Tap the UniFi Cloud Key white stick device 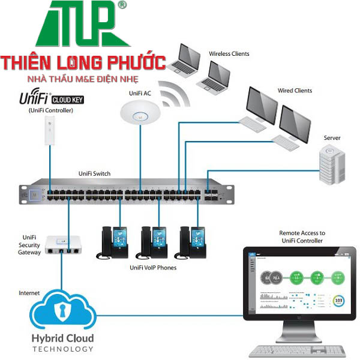(x=49, y=131)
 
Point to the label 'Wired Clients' (x=295, y=91)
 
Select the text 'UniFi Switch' (x=94, y=173)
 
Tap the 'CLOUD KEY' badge (x=70, y=100)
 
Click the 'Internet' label (x=29, y=293)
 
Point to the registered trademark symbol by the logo (x=123, y=5)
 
